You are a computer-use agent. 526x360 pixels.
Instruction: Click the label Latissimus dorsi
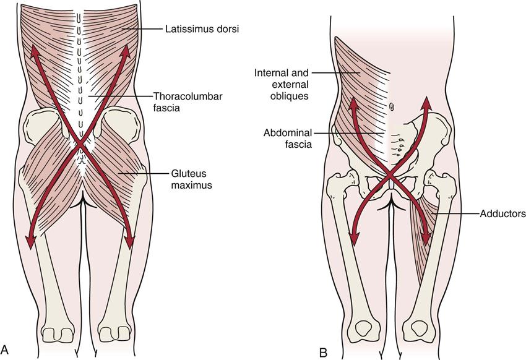[193, 28]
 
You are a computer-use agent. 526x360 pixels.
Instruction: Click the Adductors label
[502, 214]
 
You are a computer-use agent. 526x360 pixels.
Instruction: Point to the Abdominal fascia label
[287, 138]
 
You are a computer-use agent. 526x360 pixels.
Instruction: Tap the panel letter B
[323, 350]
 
